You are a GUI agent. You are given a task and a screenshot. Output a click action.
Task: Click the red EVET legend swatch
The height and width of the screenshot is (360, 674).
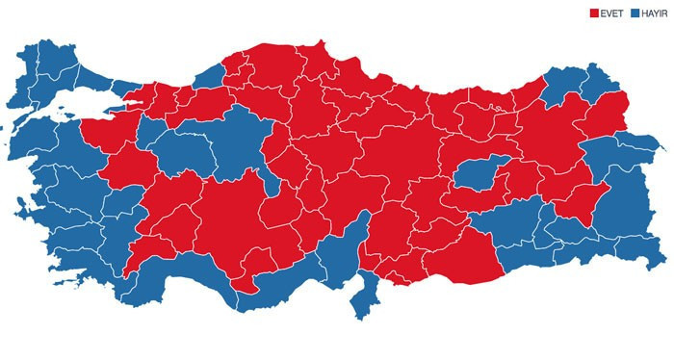(594, 13)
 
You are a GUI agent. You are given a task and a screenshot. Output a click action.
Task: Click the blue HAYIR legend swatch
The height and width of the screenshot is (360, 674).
(635, 13)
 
